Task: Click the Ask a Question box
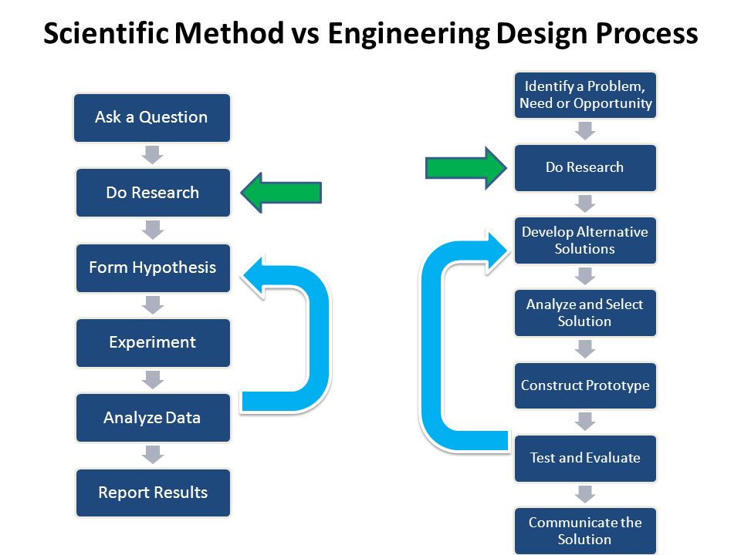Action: click(152, 118)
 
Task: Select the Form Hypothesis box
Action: click(153, 268)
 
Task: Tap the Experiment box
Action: click(153, 342)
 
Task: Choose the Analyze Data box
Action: click(153, 418)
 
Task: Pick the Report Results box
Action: click(153, 493)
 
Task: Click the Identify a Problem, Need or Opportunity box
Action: click(585, 95)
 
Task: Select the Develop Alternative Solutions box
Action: click(585, 240)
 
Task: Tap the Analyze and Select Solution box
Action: click(585, 313)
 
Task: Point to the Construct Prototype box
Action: click(585, 385)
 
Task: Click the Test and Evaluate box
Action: click(585, 458)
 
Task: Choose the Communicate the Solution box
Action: click(585, 530)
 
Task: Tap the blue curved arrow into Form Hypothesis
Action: click(309, 339)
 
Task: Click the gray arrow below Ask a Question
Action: click(153, 155)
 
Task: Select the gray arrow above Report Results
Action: click(153, 455)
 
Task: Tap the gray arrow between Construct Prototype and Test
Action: click(585, 421)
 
